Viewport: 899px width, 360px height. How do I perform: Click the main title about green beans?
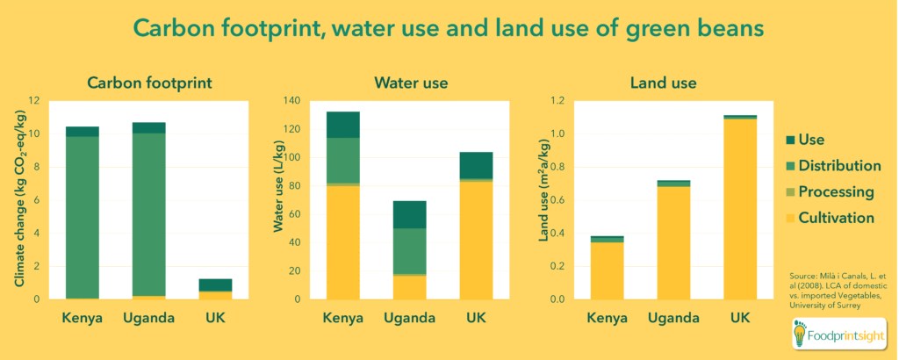point(449,28)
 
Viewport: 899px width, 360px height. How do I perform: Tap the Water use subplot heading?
point(411,83)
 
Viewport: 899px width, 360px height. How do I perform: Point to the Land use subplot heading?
point(663,83)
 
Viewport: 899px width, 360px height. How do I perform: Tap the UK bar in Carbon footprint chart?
point(214,289)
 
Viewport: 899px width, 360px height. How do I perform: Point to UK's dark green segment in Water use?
point(476,165)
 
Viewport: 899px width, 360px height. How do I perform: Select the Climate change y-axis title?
point(20,199)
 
